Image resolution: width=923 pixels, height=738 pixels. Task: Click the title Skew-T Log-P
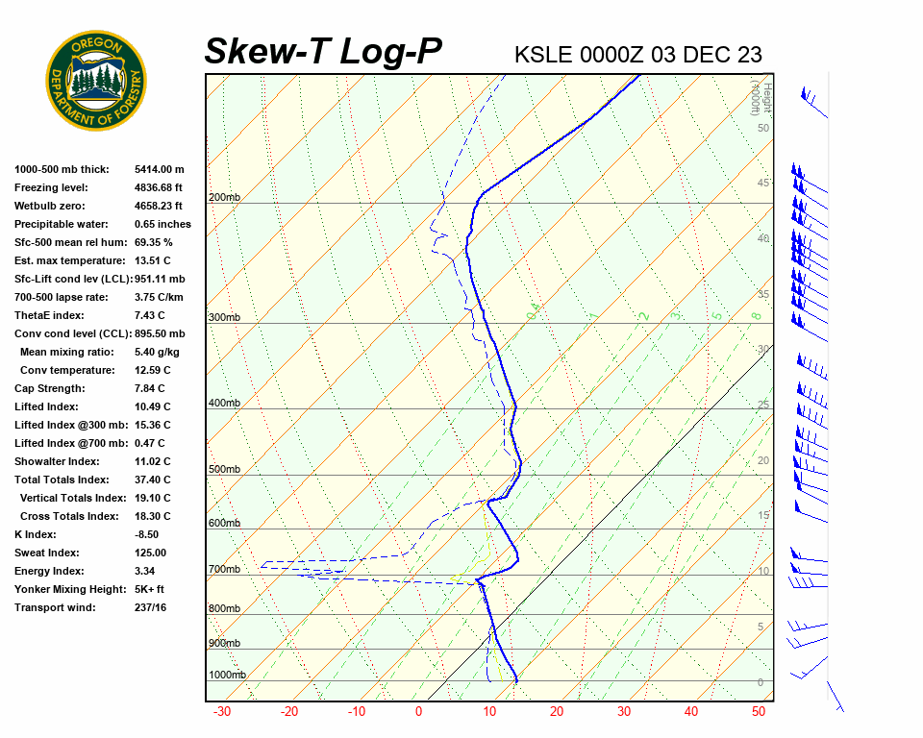(323, 51)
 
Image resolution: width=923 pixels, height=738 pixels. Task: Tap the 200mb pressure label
(224, 198)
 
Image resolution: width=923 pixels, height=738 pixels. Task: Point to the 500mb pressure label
(224, 470)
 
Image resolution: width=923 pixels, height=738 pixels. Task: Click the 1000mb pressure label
(227, 676)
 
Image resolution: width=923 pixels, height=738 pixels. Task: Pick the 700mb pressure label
(224, 570)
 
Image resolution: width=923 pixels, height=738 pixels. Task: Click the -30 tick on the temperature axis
(222, 712)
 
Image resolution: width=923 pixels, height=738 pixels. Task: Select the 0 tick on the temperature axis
(418, 712)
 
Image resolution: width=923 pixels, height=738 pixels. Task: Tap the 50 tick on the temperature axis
(759, 712)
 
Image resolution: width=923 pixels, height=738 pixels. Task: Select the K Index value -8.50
(146, 534)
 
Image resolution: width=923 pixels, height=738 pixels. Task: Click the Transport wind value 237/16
(151, 607)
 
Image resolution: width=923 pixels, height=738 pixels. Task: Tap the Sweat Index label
(47, 553)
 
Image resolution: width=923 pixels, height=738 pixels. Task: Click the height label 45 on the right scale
(763, 183)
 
